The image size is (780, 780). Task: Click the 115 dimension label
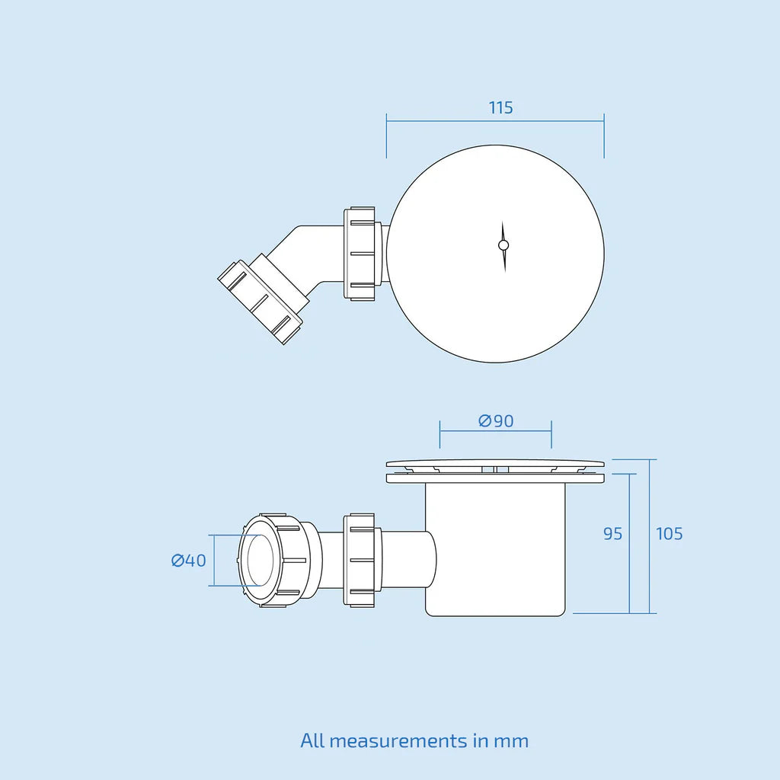click(500, 107)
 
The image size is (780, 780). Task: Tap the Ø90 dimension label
click(496, 420)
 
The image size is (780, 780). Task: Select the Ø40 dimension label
click(189, 561)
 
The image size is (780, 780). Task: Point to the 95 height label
click(612, 534)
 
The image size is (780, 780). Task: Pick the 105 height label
click(669, 534)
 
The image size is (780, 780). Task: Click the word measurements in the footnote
click(398, 741)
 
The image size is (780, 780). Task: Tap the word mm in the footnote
click(511, 742)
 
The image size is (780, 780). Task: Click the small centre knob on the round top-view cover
click(503, 245)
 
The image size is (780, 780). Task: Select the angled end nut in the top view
click(261, 302)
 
